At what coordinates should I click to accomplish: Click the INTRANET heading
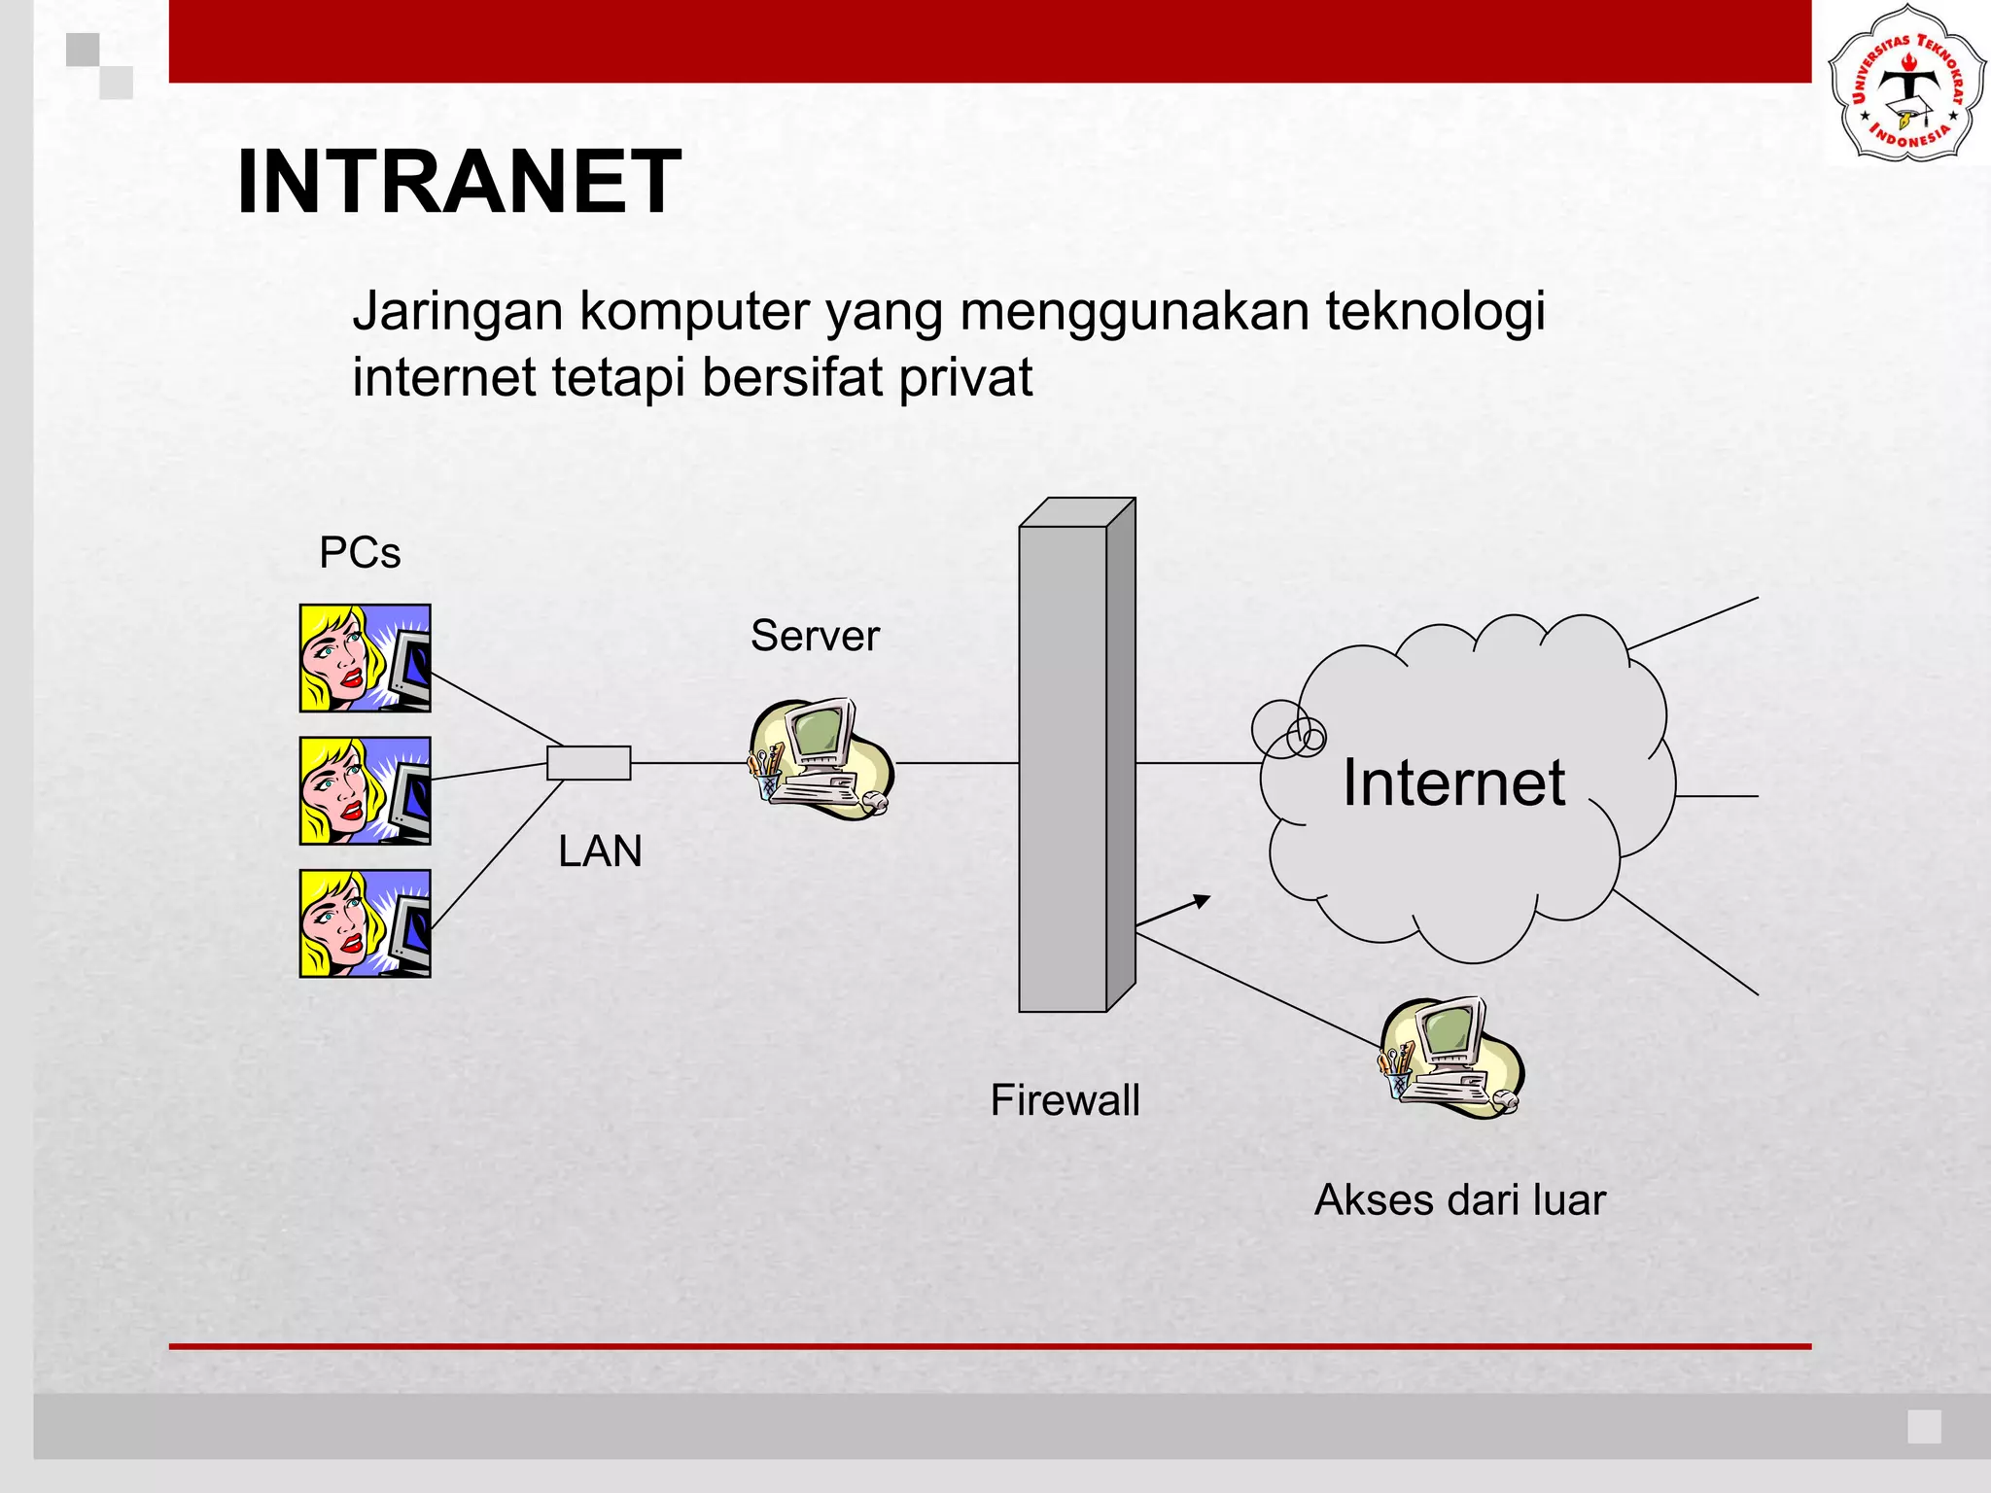(x=458, y=182)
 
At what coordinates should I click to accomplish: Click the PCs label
(x=360, y=553)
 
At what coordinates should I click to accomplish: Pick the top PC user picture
(x=365, y=658)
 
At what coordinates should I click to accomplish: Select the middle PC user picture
(x=365, y=790)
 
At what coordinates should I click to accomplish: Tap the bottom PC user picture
(x=365, y=923)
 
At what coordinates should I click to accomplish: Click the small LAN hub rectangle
(x=588, y=763)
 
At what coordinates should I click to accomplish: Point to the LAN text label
(x=600, y=851)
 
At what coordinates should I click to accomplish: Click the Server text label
(x=815, y=636)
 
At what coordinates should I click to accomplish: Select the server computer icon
(x=821, y=758)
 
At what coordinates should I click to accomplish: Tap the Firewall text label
(x=1065, y=1100)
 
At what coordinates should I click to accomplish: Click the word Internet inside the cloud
(x=1453, y=782)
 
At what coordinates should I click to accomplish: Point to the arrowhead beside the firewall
(x=1203, y=901)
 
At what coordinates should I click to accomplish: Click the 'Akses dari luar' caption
(x=1459, y=1199)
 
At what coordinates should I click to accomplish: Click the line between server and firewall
(x=958, y=763)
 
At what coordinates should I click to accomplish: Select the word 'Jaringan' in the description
(x=458, y=311)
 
